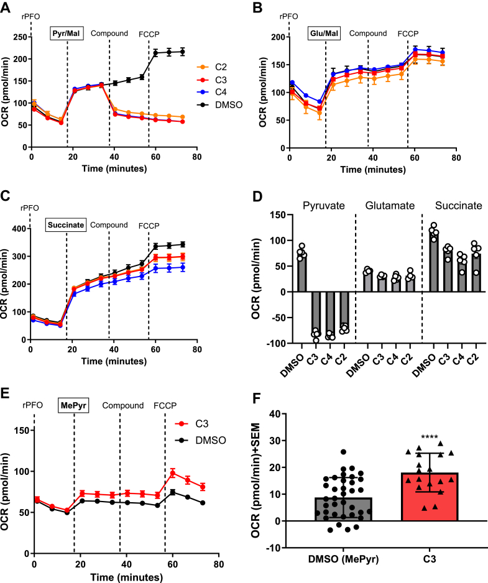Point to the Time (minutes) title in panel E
click(x=124, y=575)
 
